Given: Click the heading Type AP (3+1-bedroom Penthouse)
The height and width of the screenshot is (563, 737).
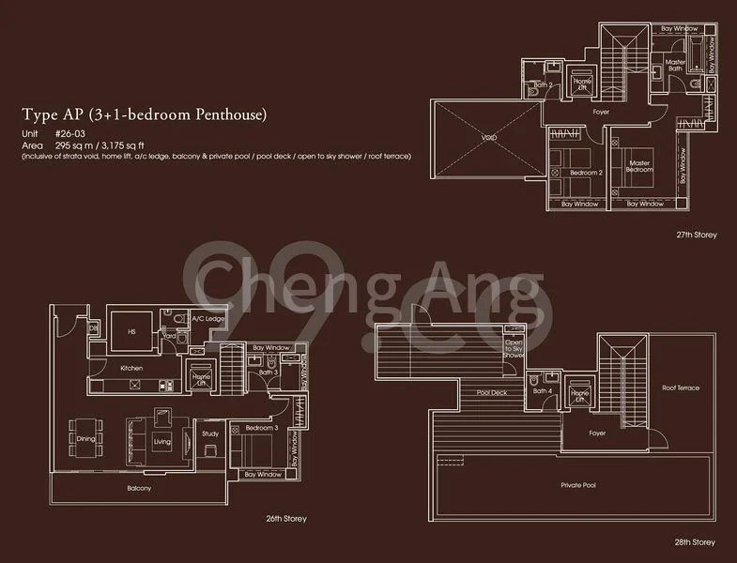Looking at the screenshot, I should [x=146, y=115].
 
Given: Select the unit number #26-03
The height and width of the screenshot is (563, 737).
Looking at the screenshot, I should [x=71, y=135].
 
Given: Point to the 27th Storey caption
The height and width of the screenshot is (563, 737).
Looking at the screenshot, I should [x=695, y=235].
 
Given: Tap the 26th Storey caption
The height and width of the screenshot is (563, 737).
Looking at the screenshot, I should [x=285, y=518].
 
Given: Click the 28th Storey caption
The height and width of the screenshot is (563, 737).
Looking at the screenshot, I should [x=695, y=541].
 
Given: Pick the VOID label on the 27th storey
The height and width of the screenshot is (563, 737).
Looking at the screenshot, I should [x=489, y=138].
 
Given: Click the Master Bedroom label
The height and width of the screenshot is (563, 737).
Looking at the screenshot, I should [x=640, y=165].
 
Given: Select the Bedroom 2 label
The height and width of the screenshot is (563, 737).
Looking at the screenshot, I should [x=586, y=173].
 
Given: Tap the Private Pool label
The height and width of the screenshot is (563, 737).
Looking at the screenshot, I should [x=578, y=485].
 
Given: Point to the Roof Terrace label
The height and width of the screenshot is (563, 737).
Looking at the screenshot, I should [x=681, y=387].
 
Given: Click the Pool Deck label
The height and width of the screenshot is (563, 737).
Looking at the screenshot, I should [x=491, y=392].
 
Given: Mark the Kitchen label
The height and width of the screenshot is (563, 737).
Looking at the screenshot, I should [x=131, y=368].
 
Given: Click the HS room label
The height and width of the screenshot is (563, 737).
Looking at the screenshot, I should [x=131, y=329].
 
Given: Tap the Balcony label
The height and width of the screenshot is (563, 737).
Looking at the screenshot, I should [x=139, y=488].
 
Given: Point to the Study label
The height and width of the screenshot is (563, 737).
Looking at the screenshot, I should [x=210, y=434].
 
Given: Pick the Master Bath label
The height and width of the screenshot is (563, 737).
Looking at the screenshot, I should [x=675, y=67].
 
